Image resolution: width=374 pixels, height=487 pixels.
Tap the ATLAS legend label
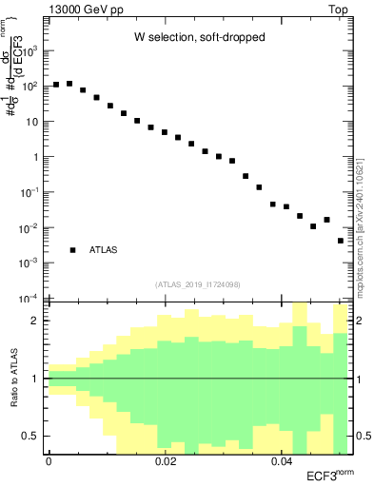tap(105, 250)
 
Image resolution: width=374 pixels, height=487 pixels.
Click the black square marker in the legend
tap(72, 250)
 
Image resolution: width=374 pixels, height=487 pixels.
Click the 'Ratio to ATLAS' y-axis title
tap(12, 379)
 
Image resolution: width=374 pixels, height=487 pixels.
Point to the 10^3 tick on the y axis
tap(33, 50)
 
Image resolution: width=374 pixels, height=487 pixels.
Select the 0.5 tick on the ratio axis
tap(33, 436)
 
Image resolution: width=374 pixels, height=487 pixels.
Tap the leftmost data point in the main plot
tap(56, 85)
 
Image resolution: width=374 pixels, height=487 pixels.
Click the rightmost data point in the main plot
tap(340, 241)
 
